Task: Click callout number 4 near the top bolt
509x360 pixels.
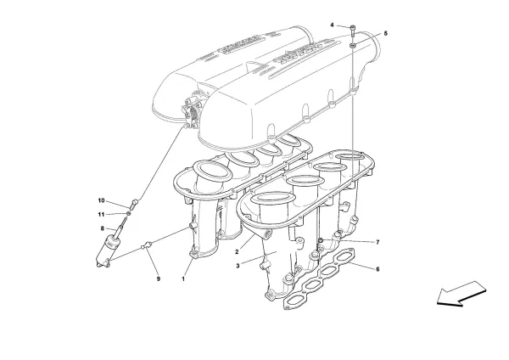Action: (333, 25)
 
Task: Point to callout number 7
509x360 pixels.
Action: (378, 243)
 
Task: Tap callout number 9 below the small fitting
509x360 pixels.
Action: (157, 278)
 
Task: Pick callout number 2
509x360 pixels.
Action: (238, 252)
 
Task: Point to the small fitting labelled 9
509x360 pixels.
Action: (146, 246)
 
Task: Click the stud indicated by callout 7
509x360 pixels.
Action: (320, 244)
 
